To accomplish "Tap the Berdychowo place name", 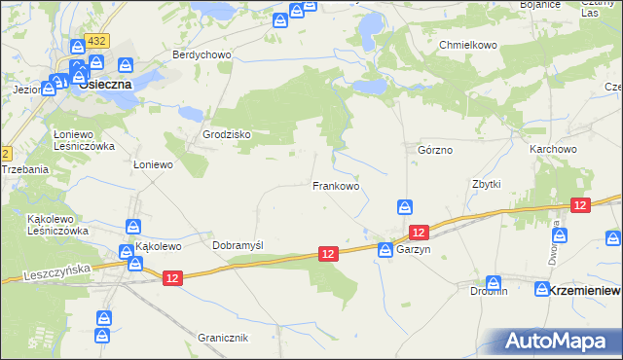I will pyautogui.click(x=202, y=54).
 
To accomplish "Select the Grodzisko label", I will pyautogui.click(x=227, y=134).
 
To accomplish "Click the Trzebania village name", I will pyautogui.click(x=25, y=169).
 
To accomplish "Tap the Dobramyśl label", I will pyautogui.click(x=238, y=246).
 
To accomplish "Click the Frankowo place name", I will pyautogui.click(x=336, y=185).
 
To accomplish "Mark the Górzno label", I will pyautogui.click(x=435, y=151).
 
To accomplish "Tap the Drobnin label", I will pyautogui.click(x=489, y=290).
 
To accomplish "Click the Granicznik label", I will pyautogui.click(x=224, y=338).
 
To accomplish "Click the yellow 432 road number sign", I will pyautogui.click(x=95, y=41).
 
